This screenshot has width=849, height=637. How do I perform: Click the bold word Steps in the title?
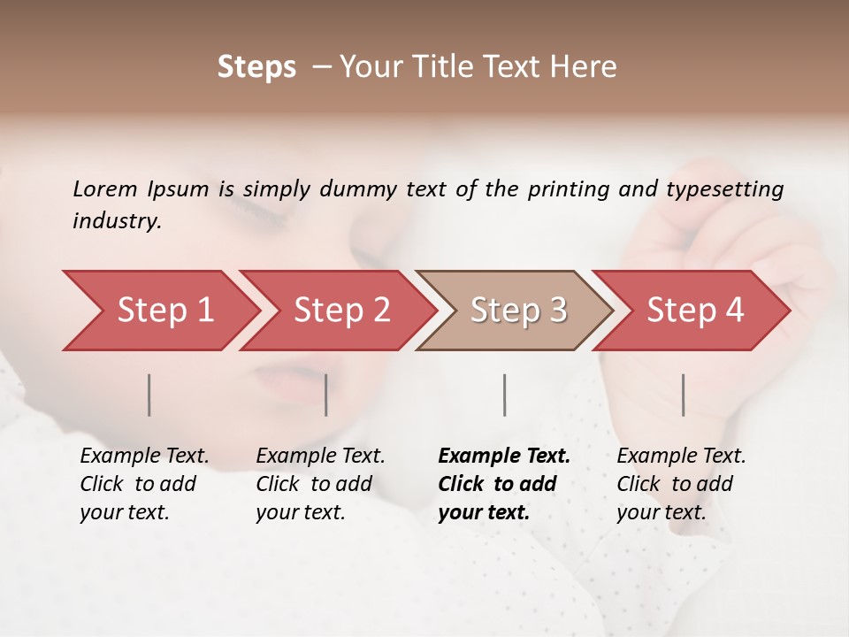(x=256, y=67)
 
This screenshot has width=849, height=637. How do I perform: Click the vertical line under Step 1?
(x=149, y=395)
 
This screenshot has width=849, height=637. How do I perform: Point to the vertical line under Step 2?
(x=326, y=395)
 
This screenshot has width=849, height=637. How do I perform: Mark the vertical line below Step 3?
(x=504, y=395)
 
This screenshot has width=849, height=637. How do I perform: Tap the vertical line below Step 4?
(x=683, y=395)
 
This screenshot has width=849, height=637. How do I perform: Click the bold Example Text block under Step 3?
(x=504, y=484)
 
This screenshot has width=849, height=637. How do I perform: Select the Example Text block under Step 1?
(x=144, y=484)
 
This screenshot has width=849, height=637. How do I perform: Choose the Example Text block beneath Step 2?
(x=320, y=484)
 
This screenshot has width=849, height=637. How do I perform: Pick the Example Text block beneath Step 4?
(x=681, y=484)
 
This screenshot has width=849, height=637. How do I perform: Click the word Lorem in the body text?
(x=105, y=188)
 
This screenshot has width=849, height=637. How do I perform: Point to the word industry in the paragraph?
(x=117, y=221)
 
